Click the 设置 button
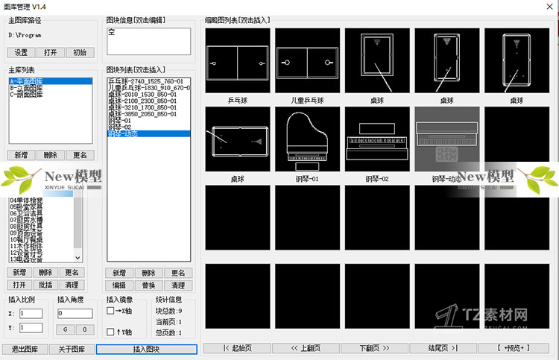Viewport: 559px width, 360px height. click(x=21, y=52)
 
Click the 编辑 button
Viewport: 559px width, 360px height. click(x=119, y=285)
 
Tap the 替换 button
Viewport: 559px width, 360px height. click(x=148, y=285)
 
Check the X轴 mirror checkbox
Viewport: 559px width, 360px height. click(x=110, y=311)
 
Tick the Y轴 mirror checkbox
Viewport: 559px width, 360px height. click(x=110, y=332)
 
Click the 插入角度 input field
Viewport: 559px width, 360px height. click(x=75, y=314)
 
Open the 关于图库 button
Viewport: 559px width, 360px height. click(x=72, y=349)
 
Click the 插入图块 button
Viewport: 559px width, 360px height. click(x=146, y=349)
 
